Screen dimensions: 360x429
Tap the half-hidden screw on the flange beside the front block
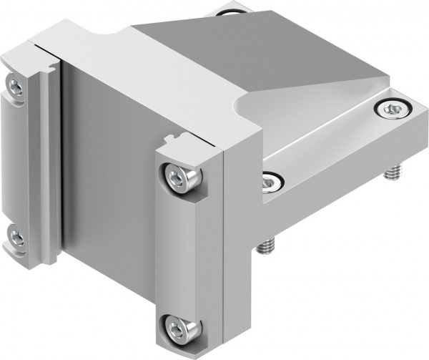[270, 183]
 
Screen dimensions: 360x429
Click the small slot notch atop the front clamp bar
[172, 138]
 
